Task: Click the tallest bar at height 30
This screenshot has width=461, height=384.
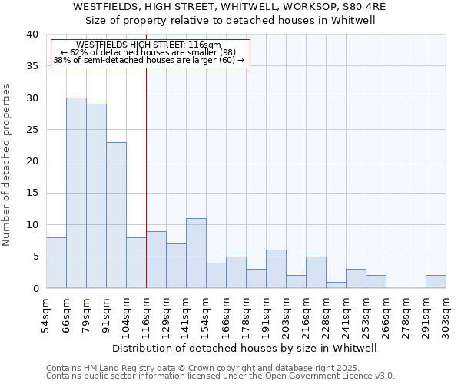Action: pos(76,193)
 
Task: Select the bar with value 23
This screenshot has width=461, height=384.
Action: pos(116,215)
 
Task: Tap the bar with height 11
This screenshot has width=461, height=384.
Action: pos(196,253)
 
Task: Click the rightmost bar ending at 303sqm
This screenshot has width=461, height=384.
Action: pos(436,282)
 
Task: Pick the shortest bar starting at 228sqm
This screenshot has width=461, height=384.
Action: pos(336,285)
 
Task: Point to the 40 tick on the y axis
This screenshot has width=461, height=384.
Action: pos(32,35)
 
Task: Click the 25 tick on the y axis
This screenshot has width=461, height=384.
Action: pos(32,130)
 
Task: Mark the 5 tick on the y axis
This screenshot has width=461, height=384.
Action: pos(35,257)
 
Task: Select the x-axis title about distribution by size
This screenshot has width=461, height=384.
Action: pos(244,348)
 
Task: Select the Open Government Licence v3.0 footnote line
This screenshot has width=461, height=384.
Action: pos(220,376)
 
